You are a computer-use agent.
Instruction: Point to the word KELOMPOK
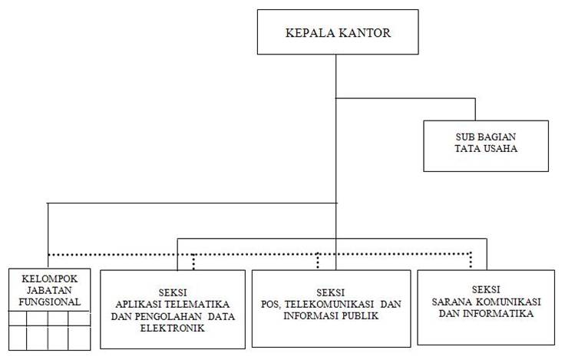pos(49,279)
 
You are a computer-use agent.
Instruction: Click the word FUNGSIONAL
pos(50,302)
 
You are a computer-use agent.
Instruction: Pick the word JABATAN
pos(49,290)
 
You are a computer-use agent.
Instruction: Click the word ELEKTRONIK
pos(173,329)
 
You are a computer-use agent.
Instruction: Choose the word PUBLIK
pos(360,316)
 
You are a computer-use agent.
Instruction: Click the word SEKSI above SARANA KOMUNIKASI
pos(486,289)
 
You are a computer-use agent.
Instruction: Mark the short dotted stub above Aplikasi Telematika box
pos(194,262)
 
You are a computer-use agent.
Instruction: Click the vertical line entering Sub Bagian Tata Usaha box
pos(475,109)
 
